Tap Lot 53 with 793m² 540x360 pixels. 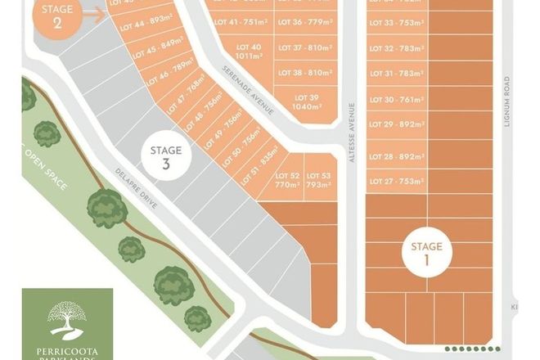(x=318, y=180)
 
